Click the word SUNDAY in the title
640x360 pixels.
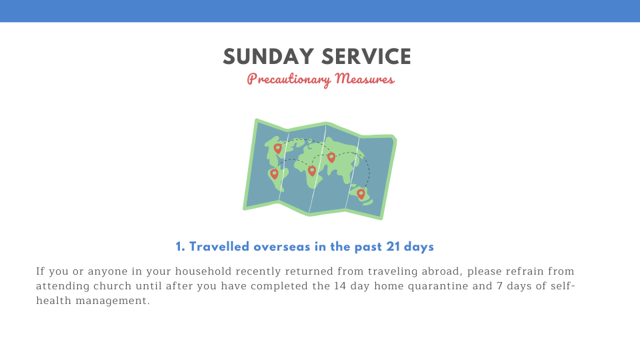pos(268,56)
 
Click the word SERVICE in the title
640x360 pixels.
pos(366,56)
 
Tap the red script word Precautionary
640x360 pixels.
pos(288,79)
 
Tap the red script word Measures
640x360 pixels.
pos(365,79)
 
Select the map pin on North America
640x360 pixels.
pos(277,149)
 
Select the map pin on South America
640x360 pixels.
pos(274,174)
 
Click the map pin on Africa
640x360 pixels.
pos(312,171)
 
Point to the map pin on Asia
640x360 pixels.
pos(331,157)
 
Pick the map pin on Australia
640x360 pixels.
pos(361,194)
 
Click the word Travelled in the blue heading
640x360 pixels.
pos(219,247)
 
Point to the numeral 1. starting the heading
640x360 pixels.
pos(181,247)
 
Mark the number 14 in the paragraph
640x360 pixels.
pos(340,286)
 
